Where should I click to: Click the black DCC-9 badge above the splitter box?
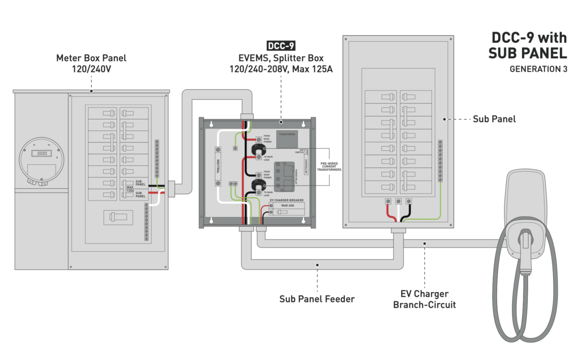point(281,46)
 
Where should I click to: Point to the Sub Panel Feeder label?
point(317,299)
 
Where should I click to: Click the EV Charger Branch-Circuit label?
point(425,299)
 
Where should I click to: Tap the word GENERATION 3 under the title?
point(538,69)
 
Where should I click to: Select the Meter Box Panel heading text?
point(91,63)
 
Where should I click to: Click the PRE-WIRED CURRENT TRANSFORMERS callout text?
point(328,166)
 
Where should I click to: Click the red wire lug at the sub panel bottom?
point(388,201)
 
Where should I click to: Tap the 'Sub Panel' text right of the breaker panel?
point(494,119)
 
